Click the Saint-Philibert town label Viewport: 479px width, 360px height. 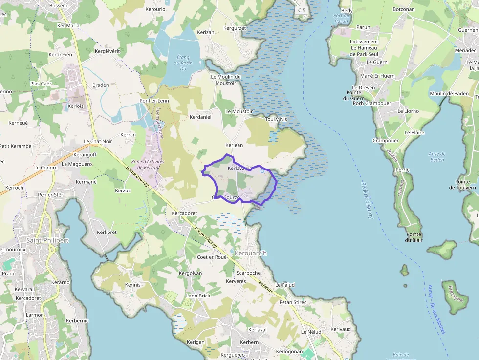point(47,240)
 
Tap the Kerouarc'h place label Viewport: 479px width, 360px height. point(251,253)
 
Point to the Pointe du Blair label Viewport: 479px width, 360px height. point(414,237)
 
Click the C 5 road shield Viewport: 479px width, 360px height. point(303,10)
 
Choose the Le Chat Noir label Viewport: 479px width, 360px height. point(98,141)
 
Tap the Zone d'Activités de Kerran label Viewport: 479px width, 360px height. point(148,164)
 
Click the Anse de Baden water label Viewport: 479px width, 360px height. point(437,157)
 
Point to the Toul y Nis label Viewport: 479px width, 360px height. point(276,119)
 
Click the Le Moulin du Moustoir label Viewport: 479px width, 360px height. point(226,80)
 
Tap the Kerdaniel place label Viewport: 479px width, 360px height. point(200,117)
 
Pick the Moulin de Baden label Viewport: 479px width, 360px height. point(449,93)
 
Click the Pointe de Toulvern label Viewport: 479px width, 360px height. point(462,184)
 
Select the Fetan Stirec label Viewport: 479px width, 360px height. point(292,302)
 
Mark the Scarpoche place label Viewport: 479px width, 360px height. point(248,273)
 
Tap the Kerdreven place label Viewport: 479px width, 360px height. point(61,54)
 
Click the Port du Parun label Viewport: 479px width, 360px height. point(341,18)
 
